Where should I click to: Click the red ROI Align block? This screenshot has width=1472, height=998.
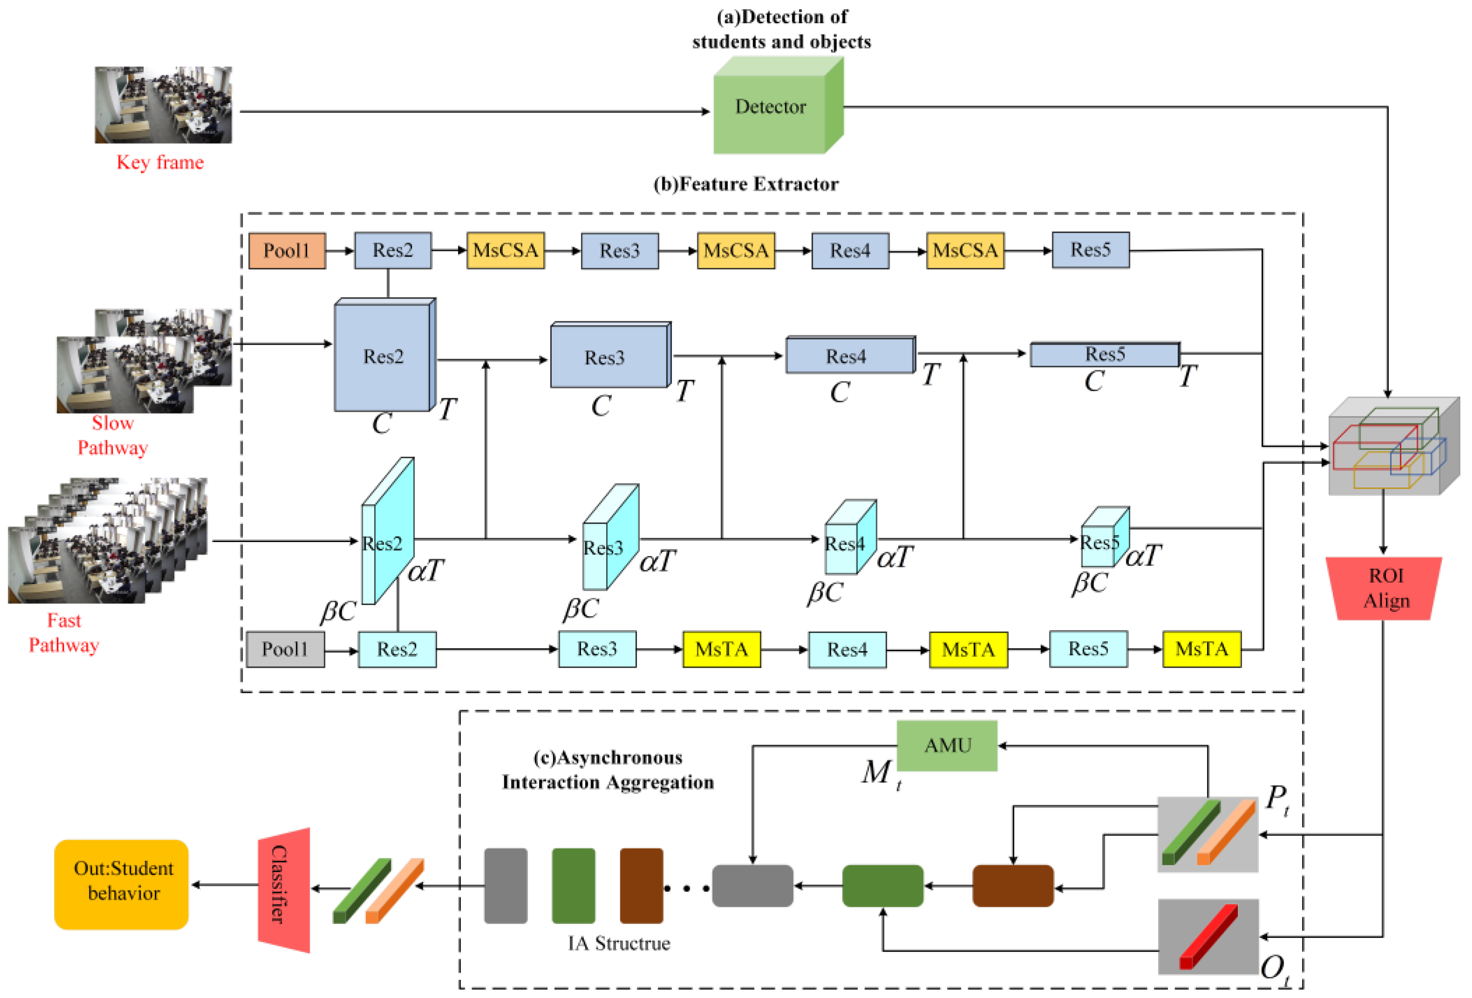pyautogui.click(x=1385, y=589)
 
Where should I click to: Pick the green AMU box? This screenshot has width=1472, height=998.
pyautogui.click(x=947, y=746)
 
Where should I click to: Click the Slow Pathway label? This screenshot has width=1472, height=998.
pyautogui.click(x=113, y=435)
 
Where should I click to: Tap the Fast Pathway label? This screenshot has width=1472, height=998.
pyautogui.click(x=64, y=632)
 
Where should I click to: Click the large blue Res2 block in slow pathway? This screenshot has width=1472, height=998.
pyautogui.click(x=383, y=357)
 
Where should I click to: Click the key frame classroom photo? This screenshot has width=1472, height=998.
pyautogui.click(x=163, y=105)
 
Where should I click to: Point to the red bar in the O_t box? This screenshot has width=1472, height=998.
pyautogui.click(x=1208, y=937)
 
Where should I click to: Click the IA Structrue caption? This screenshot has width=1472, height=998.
pyautogui.click(x=619, y=944)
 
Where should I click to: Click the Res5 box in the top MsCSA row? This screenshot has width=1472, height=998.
pyautogui.click(x=1090, y=250)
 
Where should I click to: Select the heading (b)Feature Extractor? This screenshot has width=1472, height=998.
pyautogui.click(x=745, y=184)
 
